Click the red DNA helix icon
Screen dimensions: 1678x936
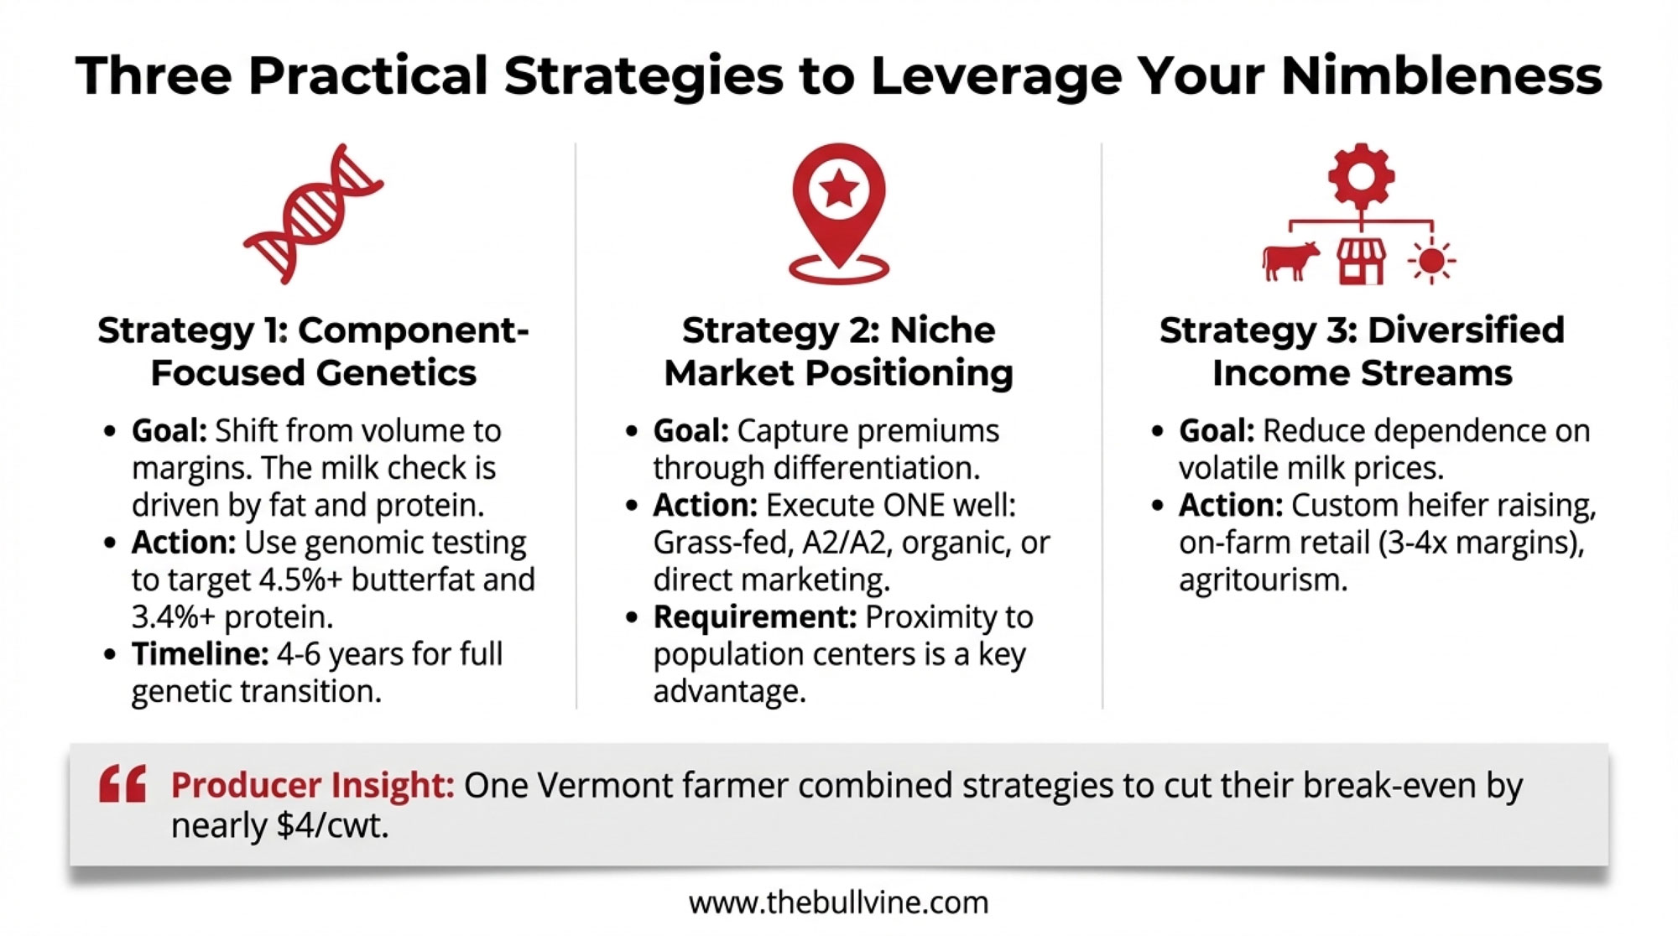point(313,214)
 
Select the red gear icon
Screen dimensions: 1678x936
point(1361,177)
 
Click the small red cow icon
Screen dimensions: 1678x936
point(1290,261)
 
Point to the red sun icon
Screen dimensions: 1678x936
point(1431,262)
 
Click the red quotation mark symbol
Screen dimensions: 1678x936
point(122,784)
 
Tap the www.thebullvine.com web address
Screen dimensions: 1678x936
point(839,902)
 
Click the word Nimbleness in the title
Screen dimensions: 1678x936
point(1441,75)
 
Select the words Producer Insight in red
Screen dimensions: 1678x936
point(312,785)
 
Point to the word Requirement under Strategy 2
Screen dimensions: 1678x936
point(754,617)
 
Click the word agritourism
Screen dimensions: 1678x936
point(1263,580)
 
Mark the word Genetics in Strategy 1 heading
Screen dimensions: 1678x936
point(397,373)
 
